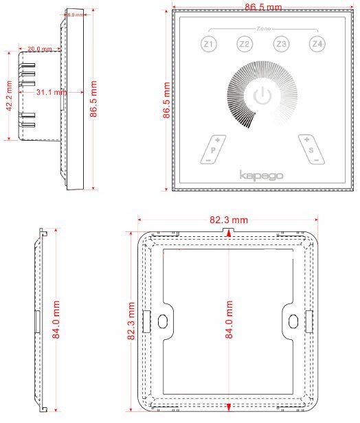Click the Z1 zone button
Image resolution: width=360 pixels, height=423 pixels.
tap(208, 45)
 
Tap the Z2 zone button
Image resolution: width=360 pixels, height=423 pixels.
tap(245, 45)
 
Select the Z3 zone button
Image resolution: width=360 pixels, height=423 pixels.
tap(280, 45)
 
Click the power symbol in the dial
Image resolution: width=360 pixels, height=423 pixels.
tap(262, 96)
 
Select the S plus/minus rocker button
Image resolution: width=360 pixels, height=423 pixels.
tap(311, 148)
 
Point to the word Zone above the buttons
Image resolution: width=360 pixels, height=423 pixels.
tap(262, 30)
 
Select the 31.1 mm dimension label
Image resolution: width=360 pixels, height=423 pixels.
tap(51, 91)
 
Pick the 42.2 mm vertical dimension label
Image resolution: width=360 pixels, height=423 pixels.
tap(10, 96)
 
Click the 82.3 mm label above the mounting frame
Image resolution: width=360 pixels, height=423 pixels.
tap(228, 220)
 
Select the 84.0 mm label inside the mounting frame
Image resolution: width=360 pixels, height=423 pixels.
tap(229, 320)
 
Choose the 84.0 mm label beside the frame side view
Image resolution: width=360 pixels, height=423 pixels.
tap(58, 320)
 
